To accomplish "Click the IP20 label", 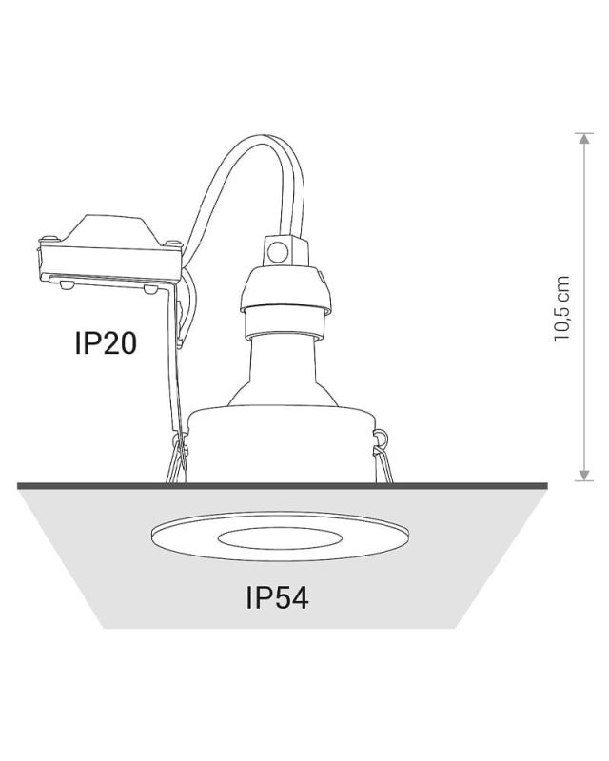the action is coord(106,343).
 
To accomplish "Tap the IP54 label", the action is coord(277,597).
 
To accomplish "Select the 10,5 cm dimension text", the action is coord(561,308).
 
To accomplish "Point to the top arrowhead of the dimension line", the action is coord(584,138).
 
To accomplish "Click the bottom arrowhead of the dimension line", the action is coord(584,475).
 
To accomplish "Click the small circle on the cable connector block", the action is coord(278,252).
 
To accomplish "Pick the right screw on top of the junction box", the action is coord(171,242).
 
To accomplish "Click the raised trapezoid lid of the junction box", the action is coord(109,229).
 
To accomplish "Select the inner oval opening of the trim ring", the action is coord(280,538).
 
